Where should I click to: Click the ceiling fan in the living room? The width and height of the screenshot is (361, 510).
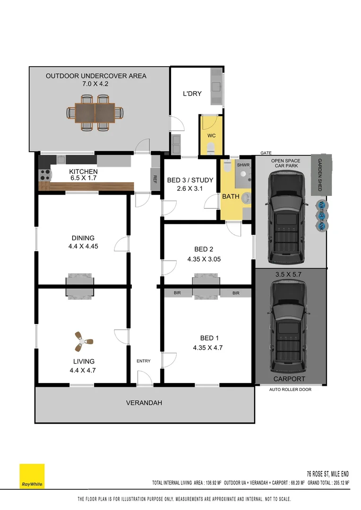point(84,341)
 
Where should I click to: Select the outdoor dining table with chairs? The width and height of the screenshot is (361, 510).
point(95,113)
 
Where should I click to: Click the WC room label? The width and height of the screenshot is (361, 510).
point(211,136)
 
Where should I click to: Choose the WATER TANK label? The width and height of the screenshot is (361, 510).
point(322,216)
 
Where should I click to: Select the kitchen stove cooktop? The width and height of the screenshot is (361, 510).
point(44,175)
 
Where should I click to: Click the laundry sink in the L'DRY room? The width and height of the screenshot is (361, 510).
point(216,86)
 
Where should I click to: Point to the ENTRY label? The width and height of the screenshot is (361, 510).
point(144,361)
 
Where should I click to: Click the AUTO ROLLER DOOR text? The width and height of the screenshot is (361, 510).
point(290,390)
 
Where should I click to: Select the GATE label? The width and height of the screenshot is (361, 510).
point(266,153)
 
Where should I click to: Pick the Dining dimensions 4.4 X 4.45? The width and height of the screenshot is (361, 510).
point(83,246)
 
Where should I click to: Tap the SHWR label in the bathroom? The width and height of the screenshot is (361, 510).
point(243,165)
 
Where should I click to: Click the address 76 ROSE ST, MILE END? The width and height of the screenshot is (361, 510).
point(328,474)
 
